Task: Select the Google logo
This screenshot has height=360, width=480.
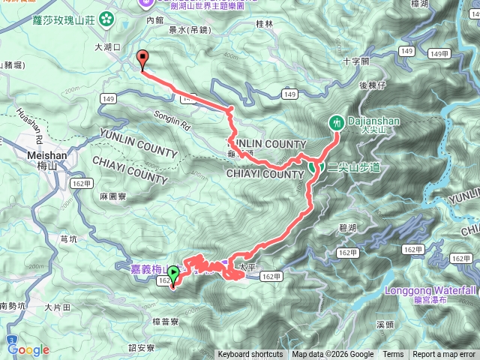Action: (x=28, y=349)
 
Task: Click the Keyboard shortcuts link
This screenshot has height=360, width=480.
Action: (x=250, y=355)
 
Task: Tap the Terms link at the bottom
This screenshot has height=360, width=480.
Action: (x=393, y=355)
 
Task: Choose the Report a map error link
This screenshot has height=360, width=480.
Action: (x=445, y=355)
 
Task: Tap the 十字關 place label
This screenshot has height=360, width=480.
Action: (x=355, y=61)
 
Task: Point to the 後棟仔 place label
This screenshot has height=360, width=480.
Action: (x=371, y=85)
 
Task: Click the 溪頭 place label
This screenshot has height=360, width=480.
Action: (x=385, y=325)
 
